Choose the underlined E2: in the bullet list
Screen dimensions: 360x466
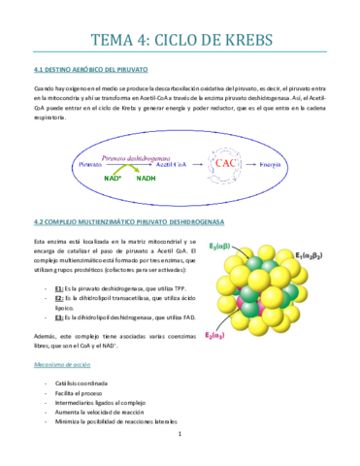[60, 300]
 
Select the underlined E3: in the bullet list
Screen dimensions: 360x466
[60, 316]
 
